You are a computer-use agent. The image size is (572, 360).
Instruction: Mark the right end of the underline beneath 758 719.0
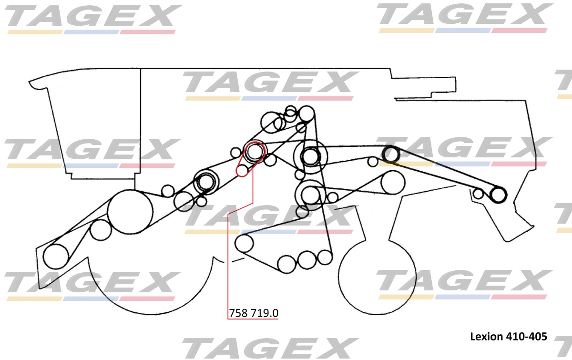click(x=278, y=319)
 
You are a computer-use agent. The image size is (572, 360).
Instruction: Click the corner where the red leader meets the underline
click(x=228, y=319)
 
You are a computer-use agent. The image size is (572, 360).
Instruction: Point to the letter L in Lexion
click(x=473, y=337)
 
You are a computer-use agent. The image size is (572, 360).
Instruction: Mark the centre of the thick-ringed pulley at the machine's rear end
click(x=498, y=195)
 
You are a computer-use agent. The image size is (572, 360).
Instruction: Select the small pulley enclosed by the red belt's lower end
click(x=242, y=170)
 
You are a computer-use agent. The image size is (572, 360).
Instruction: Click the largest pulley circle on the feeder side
click(x=130, y=212)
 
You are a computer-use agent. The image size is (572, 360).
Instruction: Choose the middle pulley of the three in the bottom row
click(x=307, y=260)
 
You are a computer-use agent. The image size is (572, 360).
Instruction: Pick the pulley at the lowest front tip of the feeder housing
click(x=56, y=257)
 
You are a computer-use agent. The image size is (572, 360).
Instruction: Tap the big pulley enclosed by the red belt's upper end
click(x=254, y=151)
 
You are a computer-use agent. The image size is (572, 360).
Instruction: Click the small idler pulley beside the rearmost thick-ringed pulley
click(x=478, y=194)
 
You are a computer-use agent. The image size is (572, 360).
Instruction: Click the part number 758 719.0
click(x=254, y=313)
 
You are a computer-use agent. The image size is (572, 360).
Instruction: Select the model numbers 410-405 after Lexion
click(x=526, y=337)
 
